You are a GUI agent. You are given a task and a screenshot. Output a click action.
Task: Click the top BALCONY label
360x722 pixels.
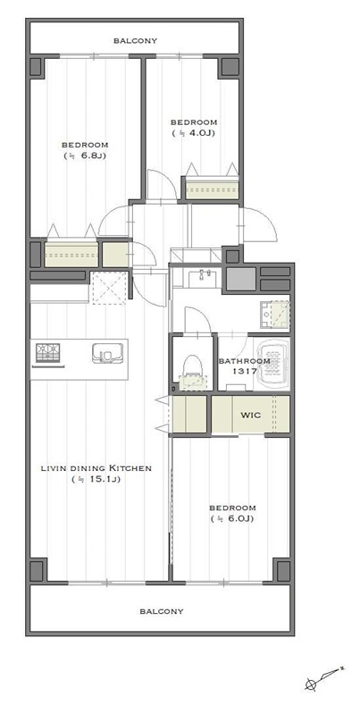pyautogui.click(x=136, y=40)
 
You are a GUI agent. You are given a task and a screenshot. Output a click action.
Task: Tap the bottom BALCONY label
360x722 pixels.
pyautogui.click(x=162, y=611)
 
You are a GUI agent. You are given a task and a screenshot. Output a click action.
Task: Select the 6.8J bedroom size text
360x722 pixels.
pyautogui.click(x=85, y=155)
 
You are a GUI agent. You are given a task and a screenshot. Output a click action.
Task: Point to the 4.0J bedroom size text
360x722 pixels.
pyautogui.click(x=194, y=133)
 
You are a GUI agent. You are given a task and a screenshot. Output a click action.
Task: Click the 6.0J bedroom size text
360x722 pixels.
pyautogui.click(x=232, y=519)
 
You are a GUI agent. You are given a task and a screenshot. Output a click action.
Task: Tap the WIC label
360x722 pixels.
pyautogui.click(x=251, y=415)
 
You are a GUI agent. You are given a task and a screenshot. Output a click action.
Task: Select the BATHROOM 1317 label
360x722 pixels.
pyautogui.click(x=244, y=365)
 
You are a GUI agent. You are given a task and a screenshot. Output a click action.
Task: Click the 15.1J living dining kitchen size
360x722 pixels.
pyautogui.click(x=96, y=479)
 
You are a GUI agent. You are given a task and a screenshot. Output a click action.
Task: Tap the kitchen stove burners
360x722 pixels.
pyautogui.click(x=48, y=353)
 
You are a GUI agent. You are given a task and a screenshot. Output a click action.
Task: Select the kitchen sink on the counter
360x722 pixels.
pyautogui.click(x=107, y=354)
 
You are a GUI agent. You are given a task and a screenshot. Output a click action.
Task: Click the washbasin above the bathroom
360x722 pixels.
pyautogui.click(x=203, y=278)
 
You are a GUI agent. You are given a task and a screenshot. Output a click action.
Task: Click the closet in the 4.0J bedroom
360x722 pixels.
pyautogui.click(x=212, y=188)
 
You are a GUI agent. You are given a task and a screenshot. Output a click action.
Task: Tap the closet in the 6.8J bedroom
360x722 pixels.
pyautogui.click(x=71, y=254)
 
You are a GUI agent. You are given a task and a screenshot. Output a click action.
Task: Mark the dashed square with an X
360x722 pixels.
pyautogui.click(x=109, y=288)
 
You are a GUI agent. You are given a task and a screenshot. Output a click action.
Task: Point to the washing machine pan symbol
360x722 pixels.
pyautogui.click(x=275, y=315)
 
